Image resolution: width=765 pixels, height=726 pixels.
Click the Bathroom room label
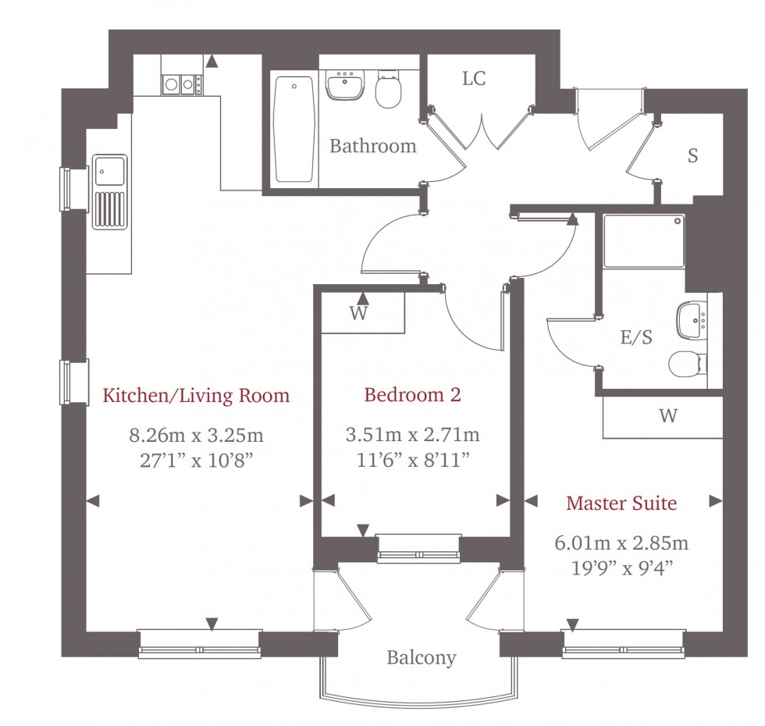pos(372,146)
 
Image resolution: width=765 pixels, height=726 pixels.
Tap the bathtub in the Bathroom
pos(294,129)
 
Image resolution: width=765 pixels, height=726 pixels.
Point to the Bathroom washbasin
pos(345,87)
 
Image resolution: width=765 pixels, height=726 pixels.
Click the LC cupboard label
pos(474,79)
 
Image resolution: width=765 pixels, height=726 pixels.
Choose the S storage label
pos(692,155)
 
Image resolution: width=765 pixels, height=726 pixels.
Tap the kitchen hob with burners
pos(182,83)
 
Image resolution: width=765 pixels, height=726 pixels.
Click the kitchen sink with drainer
pos(109,191)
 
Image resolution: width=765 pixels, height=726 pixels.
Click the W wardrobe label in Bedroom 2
pos(358,314)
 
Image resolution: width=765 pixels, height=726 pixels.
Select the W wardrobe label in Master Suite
pos(667,416)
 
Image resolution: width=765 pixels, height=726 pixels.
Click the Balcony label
pos(422,658)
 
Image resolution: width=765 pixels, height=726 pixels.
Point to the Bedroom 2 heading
pos(412,395)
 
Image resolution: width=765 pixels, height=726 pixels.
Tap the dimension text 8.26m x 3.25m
pos(195,435)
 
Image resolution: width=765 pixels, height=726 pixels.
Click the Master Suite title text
pos(621,504)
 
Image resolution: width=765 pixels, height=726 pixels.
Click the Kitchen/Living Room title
pos(196,395)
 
